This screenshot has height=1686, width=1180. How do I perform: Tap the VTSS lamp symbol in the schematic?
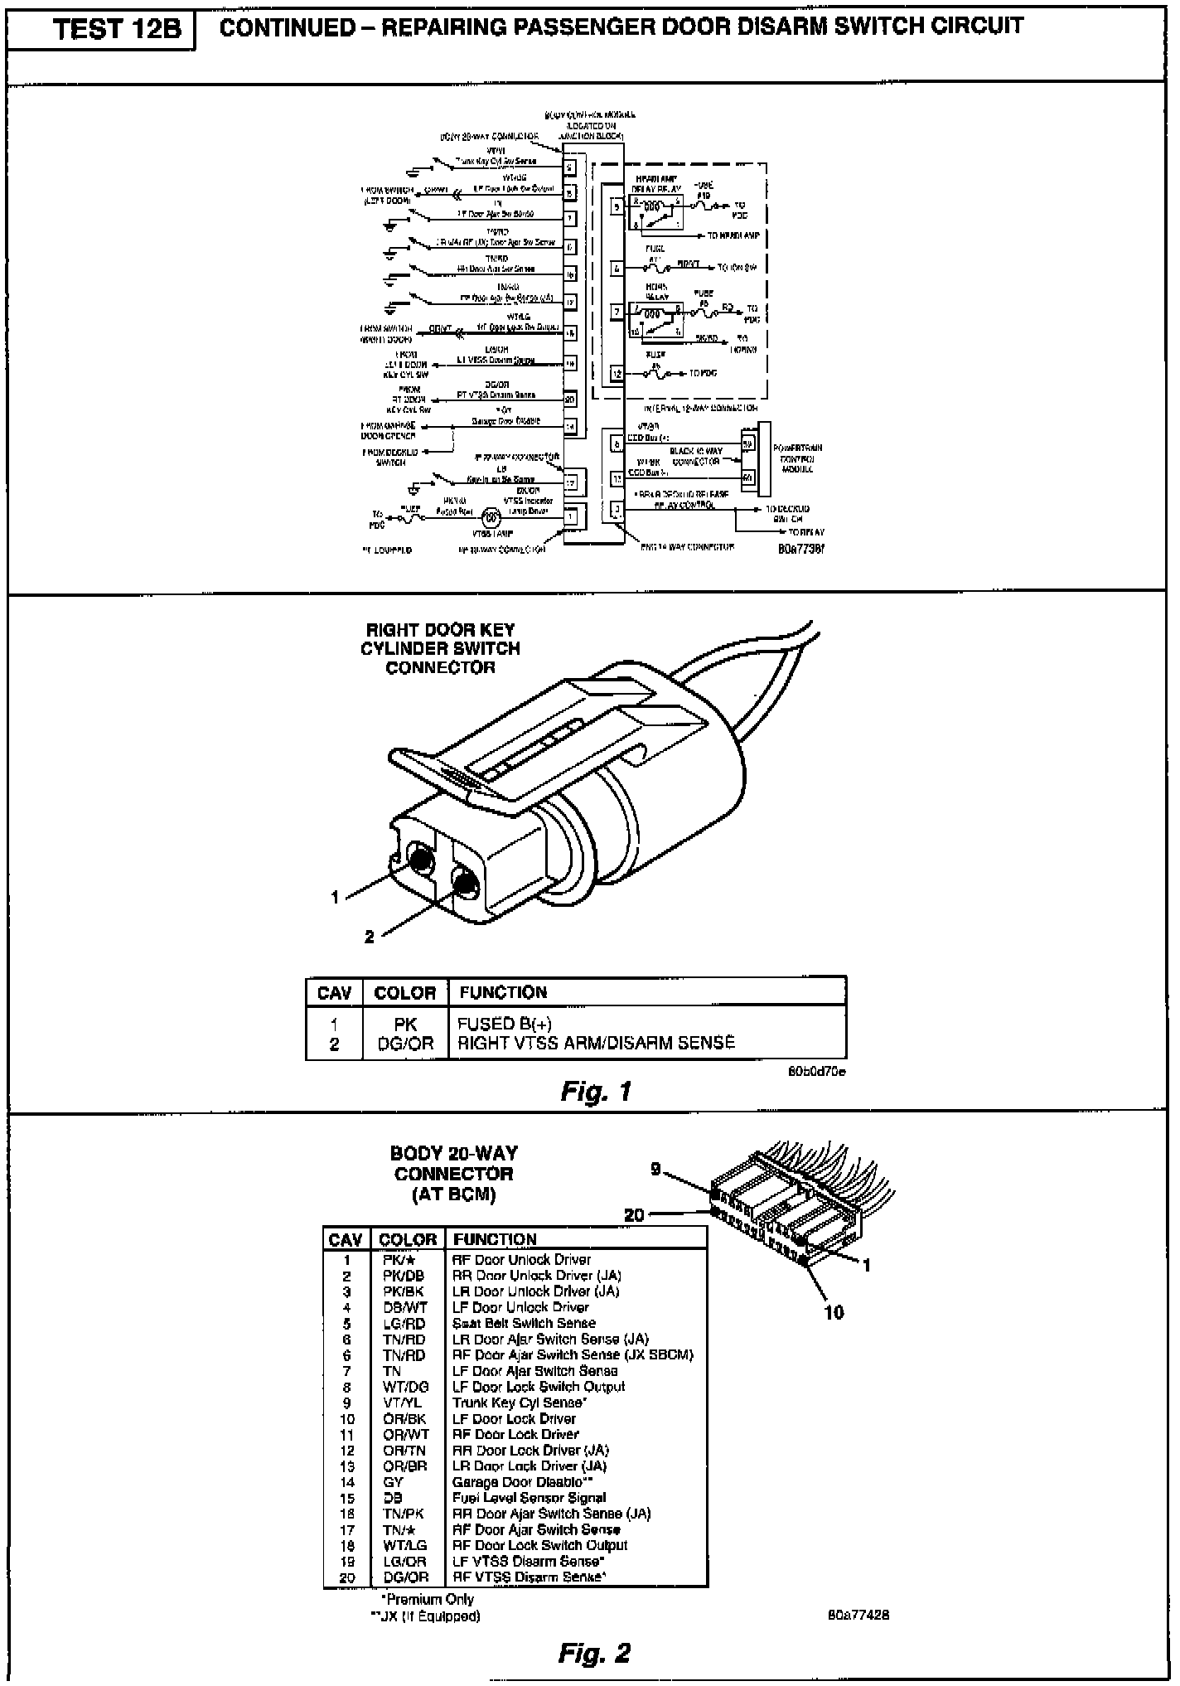point(490,516)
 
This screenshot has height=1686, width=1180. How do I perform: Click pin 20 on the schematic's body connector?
point(570,400)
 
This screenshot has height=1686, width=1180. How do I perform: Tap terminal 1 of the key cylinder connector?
point(422,860)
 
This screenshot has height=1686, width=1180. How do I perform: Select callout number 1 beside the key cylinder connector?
point(336,897)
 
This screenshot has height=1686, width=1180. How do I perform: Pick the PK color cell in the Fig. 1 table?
point(405,1025)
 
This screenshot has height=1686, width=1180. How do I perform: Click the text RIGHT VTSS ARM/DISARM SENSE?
point(596,1044)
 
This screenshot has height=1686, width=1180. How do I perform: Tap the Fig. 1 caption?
point(596,1092)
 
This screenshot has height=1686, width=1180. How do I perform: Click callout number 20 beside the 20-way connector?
point(634,1215)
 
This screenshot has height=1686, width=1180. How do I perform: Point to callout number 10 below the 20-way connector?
point(834,1312)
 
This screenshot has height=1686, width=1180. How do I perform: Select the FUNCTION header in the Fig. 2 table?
point(496,1239)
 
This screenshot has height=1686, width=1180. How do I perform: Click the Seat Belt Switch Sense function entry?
point(524,1323)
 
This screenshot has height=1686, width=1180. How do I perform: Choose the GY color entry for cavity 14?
point(393,1482)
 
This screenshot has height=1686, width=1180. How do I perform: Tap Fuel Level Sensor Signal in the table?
point(529,1498)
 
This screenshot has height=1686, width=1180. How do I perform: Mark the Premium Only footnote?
point(428,1599)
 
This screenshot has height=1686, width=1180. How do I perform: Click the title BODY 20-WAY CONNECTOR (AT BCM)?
point(453,1174)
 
